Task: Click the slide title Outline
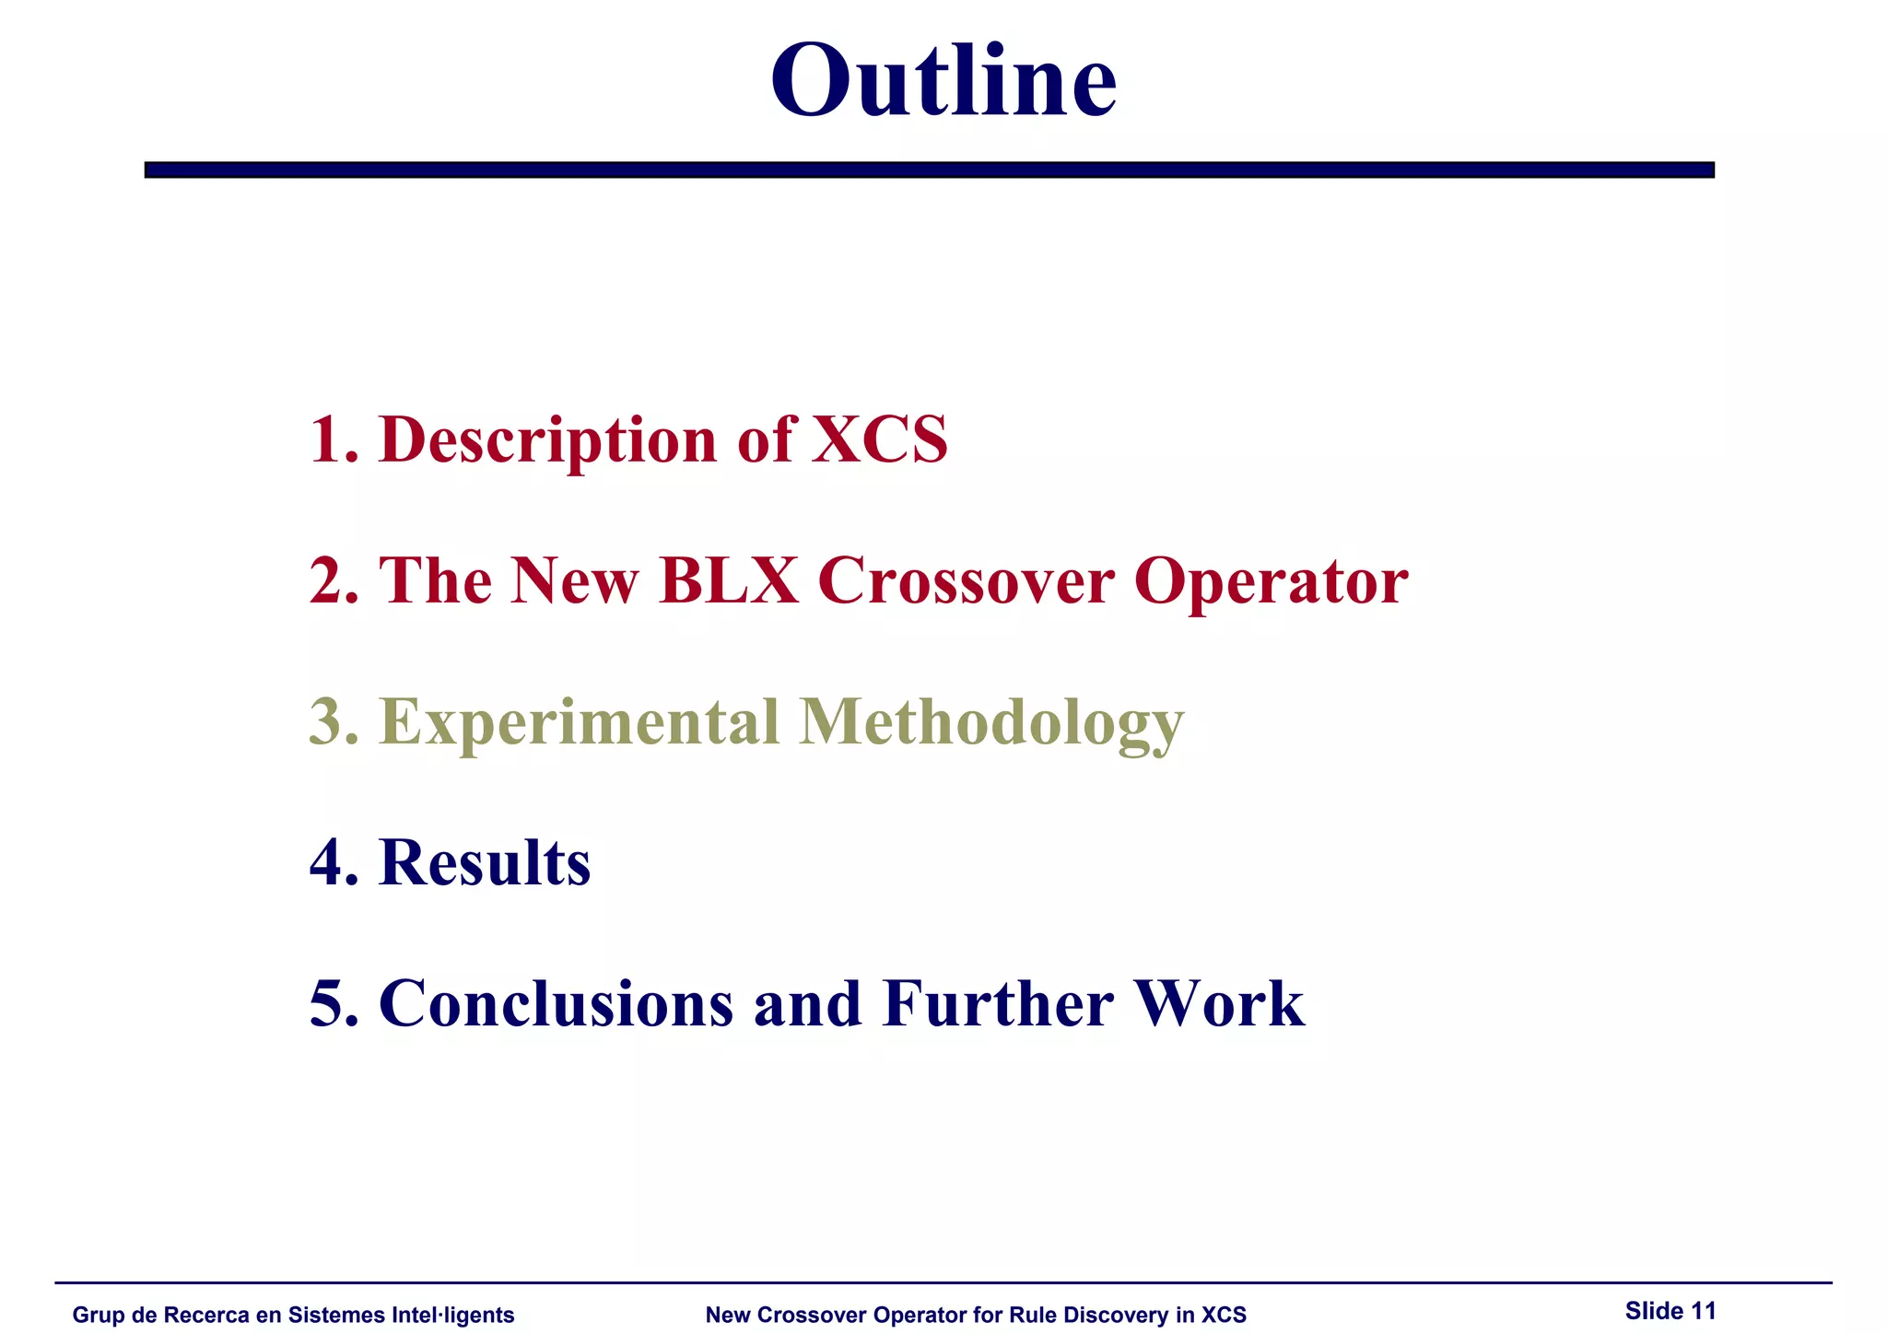pyautogui.click(x=943, y=81)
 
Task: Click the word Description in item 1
pyautogui.click(x=547, y=440)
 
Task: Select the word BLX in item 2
pyautogui.click(x=728, y=580)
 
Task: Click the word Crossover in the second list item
pyautogui.click(x=966, y=580)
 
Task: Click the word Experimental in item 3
pyautogui.click(x=579, y=724)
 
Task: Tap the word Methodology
pyautogui.click(x=990, y=724)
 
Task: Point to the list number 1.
pyautogui.click(x=333, y=439)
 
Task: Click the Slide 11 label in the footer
pyautogui.click(x=1670, y=1310)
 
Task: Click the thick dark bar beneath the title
pyautogui.click(x=929, y=170)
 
